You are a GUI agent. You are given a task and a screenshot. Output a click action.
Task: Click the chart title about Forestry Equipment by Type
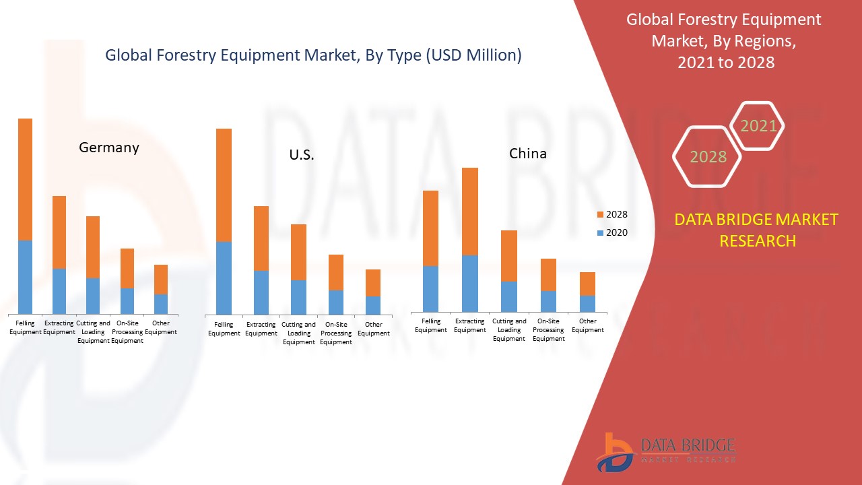(313, 56)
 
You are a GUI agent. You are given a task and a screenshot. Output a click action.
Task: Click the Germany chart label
(109, 148)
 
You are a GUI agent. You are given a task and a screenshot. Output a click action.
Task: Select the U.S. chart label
(302, 155)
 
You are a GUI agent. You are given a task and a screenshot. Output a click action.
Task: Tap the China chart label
(528, 154)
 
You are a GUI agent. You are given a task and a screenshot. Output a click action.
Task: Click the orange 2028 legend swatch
(600, 215)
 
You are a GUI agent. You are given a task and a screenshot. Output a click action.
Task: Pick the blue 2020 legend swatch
(600, 233)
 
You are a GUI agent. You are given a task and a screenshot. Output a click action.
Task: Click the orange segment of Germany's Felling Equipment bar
(25, 179)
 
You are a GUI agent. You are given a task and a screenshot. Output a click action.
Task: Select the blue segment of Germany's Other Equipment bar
(161, 304)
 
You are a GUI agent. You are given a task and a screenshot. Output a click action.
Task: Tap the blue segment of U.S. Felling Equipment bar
(224, 278)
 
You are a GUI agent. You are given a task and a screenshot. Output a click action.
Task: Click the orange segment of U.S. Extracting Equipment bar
(261, 238)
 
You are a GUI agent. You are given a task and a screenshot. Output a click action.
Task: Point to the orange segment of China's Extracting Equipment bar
(470, 212)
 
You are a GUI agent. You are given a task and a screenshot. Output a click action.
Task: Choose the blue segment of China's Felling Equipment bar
(431, 288)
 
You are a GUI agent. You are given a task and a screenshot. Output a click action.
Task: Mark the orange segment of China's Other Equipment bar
(588, 284)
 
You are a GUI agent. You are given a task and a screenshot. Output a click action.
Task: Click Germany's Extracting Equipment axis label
(59, 327)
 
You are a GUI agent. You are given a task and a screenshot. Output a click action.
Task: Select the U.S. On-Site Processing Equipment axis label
(336, 333)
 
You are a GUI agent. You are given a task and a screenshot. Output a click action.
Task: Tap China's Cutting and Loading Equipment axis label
(509, 330)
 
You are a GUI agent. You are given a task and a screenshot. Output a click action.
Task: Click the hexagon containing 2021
(758, 126)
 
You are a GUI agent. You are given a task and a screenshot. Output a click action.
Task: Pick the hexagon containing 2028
(708, 157)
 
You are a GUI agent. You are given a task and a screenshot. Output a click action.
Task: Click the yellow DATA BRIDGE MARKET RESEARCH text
(757, 230)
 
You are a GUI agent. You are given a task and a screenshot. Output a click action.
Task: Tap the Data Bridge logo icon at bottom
(614, 452)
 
